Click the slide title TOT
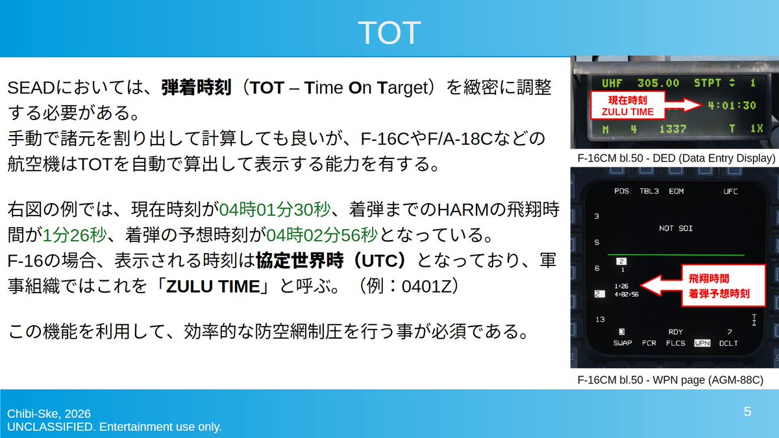(x=389, y=31)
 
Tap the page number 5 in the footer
(x=747, y=411)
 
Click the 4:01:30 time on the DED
(x=732, y=105)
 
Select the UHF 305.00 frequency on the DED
(x=640, y=83)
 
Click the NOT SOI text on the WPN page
(x=675, y=228)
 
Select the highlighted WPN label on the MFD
(x=702, y=343)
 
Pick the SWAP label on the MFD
(x=622, y=343)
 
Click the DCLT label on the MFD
(x=728, y=343)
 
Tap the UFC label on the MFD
(x=730, y=191)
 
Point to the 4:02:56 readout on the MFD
(x=626, y=294)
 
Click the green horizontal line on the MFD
(x=675, y=255)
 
